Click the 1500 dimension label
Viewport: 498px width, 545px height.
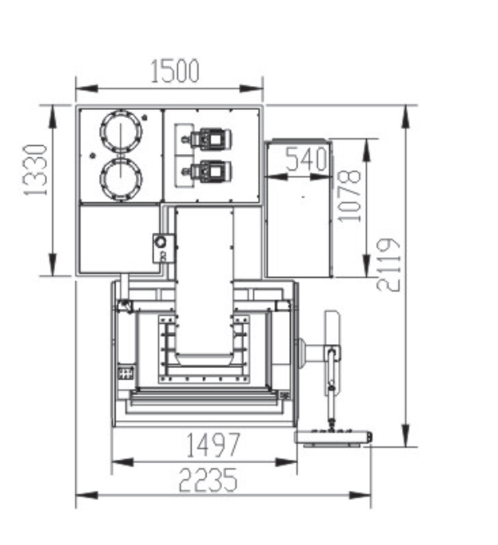pyautogui.click(x=175, y=71)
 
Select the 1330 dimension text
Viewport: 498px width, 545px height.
pyautogui.click(x=35, y=170)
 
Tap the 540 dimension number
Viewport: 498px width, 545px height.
pyautogui.click(x=306, y=159)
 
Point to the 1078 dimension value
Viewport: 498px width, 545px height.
pyautogui.click(x=349, y=196)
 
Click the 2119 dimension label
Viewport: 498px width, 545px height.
pyautogui.click(x=388, y=265)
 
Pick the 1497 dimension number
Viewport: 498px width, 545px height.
pyautogui.click(x=213, y=445)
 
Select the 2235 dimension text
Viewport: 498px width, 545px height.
pyautogui.click(x=208, y=479)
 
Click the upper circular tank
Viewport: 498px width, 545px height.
pyautogui.click(x=121, y=131)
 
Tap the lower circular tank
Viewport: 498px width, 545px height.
pyautogui.click(x=121, y=179)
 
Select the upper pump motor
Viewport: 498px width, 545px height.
pyautogui.click(x=207, y=139)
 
